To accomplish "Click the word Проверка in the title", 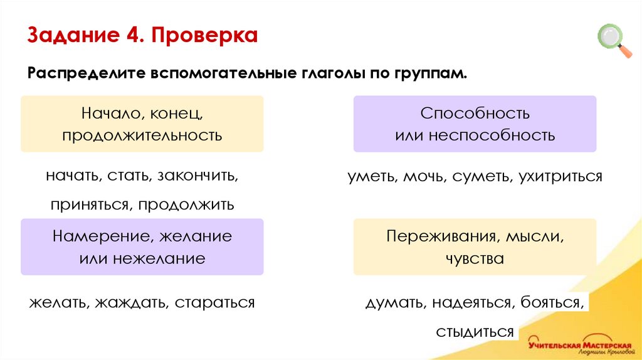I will click(204, 35).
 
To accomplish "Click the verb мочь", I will click(424, 176).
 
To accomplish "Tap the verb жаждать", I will click(130, 303).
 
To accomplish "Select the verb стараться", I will click(215, 303).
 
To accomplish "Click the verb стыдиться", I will click(475, 332).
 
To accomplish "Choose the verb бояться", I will click(552, 303).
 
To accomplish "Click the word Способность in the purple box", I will click(475, 114).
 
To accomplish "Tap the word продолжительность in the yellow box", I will click(142, 135).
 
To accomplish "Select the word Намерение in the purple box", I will click(101, 236).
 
